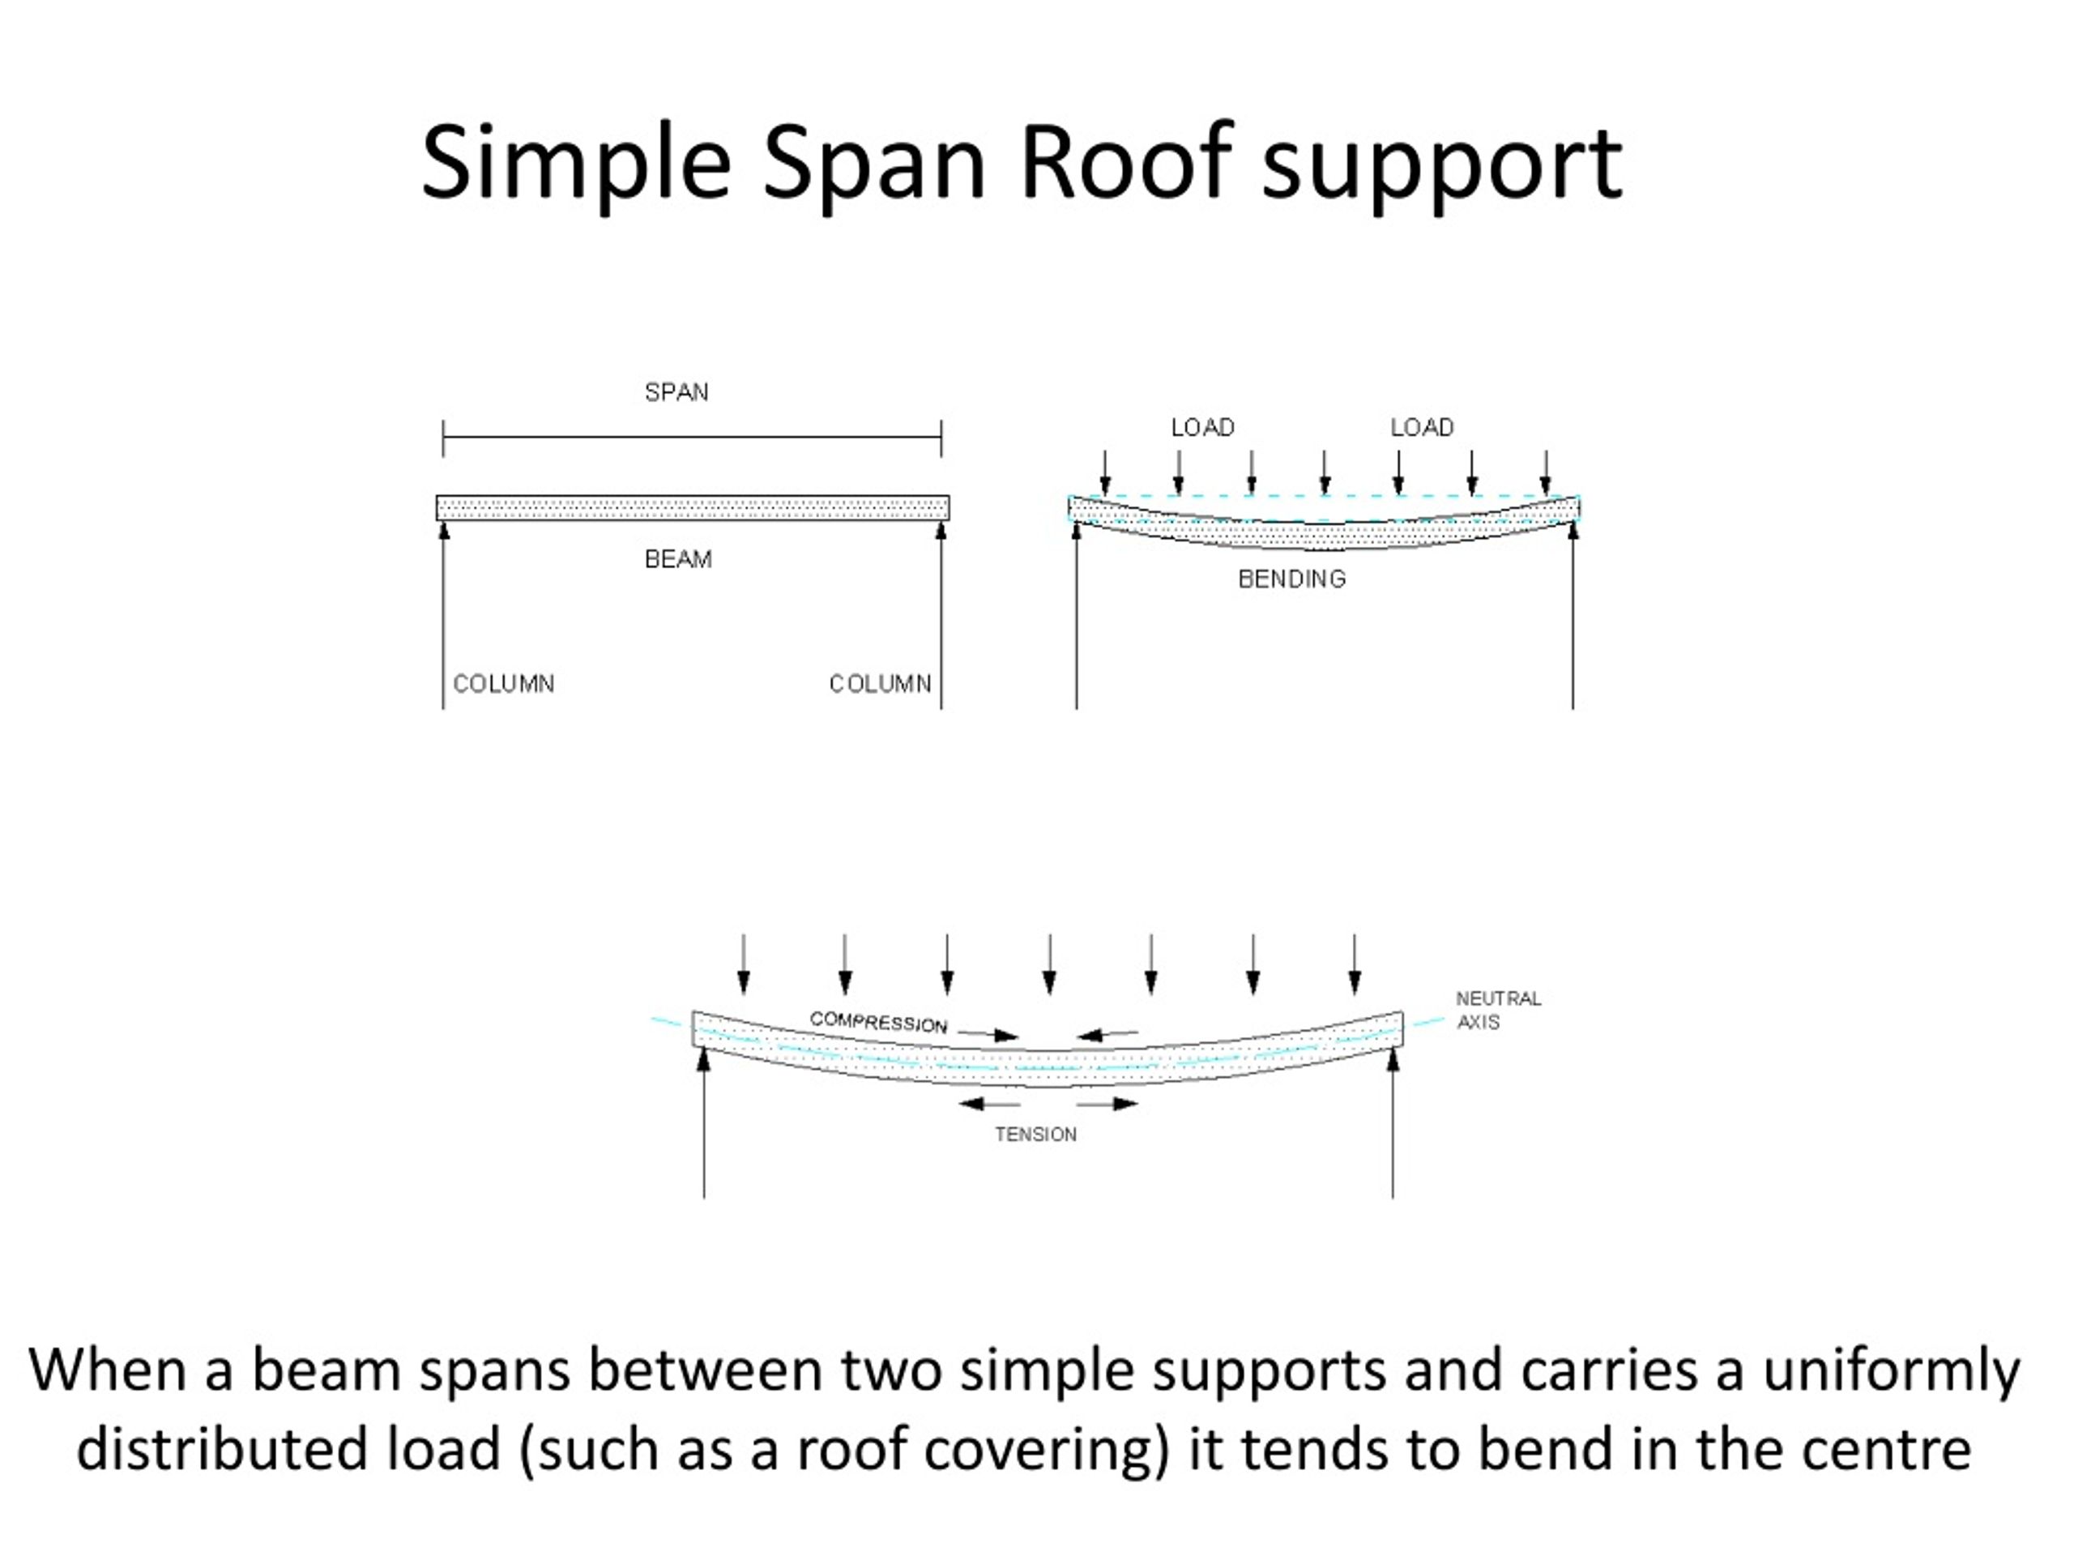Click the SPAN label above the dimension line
(x=676, y=392)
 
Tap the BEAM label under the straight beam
(x=678, y=560)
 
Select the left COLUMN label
(x=503, y=684)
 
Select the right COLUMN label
(x=881, y=684)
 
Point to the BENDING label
(x=1292, y=579)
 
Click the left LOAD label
(x=1203, y=428)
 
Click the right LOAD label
(x=1423, y=428)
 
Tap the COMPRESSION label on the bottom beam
(x=878, y=1022)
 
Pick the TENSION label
(x=1036, y=1135)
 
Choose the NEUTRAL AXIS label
(x=1498, y=1010)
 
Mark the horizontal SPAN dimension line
(x=692, y=437)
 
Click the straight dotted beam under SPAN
(x=693, y=508)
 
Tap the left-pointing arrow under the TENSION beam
(x=989, y=1104)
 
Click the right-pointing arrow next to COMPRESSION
(x=988, y=1035)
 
